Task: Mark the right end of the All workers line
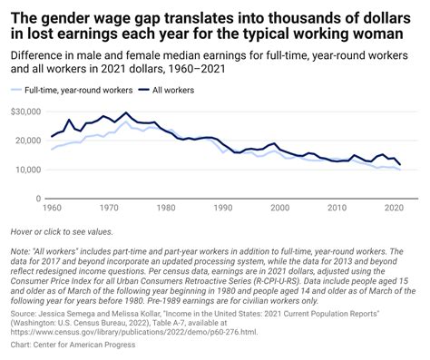pos(400,165)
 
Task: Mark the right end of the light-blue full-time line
pos(400,170)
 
